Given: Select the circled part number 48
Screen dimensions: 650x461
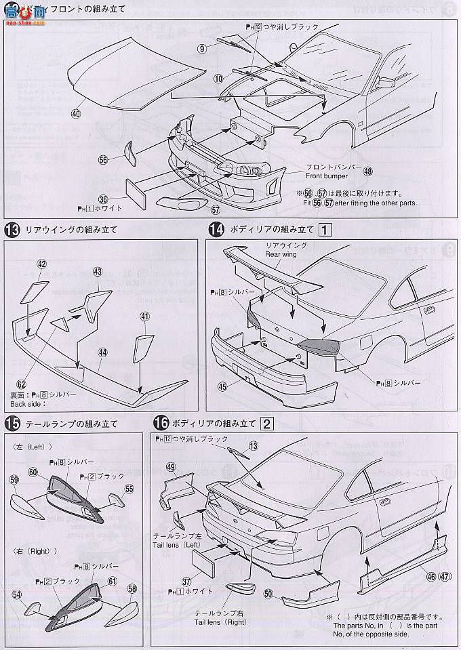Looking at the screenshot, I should click(x=367, y=171).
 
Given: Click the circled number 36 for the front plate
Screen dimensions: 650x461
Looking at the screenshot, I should click(x=102, y=199).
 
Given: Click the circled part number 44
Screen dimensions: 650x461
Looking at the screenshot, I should click(x=102, y=352).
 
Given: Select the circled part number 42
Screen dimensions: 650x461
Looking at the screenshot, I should click(x=42, y=264).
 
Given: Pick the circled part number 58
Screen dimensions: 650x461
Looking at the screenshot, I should click(x=132, y=588).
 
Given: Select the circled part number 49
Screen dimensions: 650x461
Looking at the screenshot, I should click(x=170, y=467).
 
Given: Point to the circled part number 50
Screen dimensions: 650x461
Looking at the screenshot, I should click(x=268, y=594).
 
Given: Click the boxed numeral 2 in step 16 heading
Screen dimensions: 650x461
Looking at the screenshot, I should click(x=267, y=424).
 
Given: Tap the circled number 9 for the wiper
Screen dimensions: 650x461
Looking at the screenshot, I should click(x=202, y=48).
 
